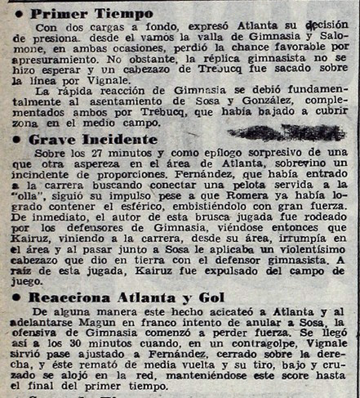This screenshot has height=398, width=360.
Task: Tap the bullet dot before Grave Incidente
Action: tap(17, 140)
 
